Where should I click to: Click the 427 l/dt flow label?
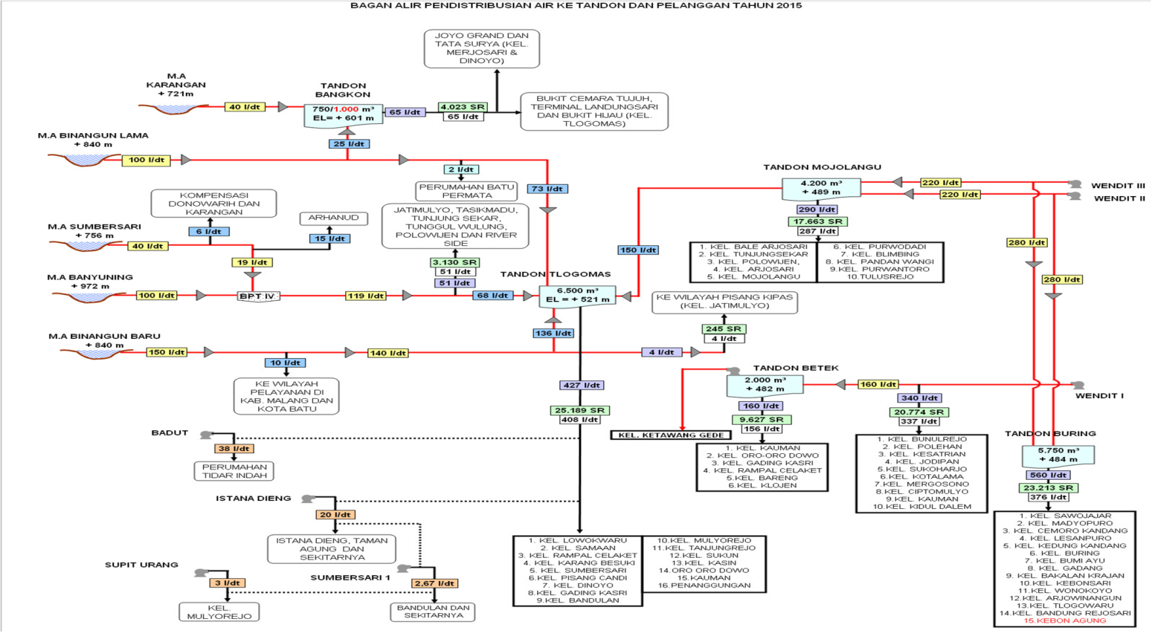pyautogui.click(x=582, y=385)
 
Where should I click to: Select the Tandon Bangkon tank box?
pyautogui.click(x=343, y=114)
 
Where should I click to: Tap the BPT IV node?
pyautogui.click(x=257, y=296)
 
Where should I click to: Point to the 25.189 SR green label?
pyautogui.click(x=579, y=410)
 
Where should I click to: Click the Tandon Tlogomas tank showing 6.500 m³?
pyautogui.click(x=577, y=295)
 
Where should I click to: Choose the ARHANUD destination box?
pyautogui.click(x=333, y=218)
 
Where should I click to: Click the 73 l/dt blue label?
pyautogui.click(x=547, y=189)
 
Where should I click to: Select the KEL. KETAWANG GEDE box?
pyautogui.click(x=670, y=435)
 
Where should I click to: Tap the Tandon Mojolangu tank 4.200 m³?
pyautogui.click(x=821, y=187)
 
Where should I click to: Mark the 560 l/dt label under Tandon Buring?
pyautogui.click(x=1049, y=475)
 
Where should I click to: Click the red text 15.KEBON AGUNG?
pyautogui.click(x=1064, y=620)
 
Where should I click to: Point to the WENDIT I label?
pyautogui.click(x=1099, y=395)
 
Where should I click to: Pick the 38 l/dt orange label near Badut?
pyautogui.click(x=234, y=449)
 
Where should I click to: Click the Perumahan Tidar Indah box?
pyautogui.click(x=234, y=471)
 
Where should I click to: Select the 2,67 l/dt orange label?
pyautogui.click(x=435, y=583)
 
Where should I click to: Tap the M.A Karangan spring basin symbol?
pyautogui.click(x=173, y=108)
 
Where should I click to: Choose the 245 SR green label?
pyautogui.click(x=724, y=328)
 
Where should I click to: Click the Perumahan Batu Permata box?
pyautogui.click(x=466, y=191)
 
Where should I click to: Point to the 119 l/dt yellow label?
pyautogui.click(x=366, y=296)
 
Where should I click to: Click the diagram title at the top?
pyautogui.click(x=576, y=5)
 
